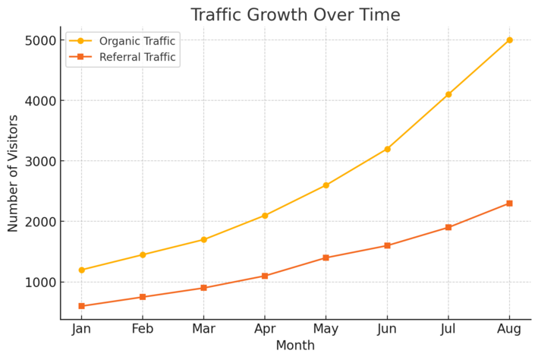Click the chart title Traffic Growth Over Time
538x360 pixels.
(x=295, y=14)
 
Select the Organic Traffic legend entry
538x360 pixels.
(x=137, y=41)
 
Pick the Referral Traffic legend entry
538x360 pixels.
(x=137, y=57)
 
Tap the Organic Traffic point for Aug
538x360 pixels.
(x=509, y=39)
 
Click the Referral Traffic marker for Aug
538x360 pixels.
(x=509, y=204)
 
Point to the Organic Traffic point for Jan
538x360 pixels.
(x=81, y=270)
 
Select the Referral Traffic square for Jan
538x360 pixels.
(x=81, y=306)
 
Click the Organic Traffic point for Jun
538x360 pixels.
(x=387, y=149)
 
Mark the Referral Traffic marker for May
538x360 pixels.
(x=326, y=257)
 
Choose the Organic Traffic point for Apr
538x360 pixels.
(x=265, y=216)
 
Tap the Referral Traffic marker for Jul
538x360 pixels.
(x=448, y=227)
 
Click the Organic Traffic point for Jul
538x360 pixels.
(x=448, y=94)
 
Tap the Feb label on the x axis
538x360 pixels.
(x=143, y=330)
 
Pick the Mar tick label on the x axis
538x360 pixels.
(x=203, y=330)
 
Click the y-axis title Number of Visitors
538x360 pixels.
(x=13, y=173)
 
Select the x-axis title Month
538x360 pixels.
(x=295, y=346)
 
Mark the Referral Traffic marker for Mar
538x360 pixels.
(x=203, y=288)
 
